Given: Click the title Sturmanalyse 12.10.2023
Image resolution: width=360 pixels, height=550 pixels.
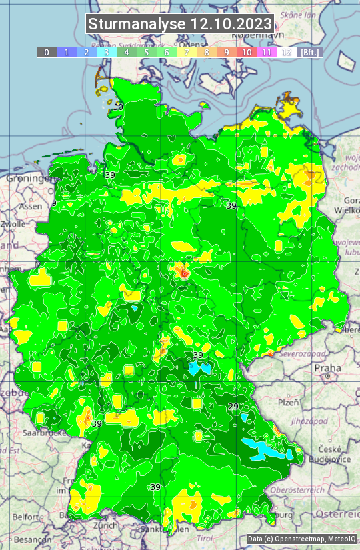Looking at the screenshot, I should [180, 24].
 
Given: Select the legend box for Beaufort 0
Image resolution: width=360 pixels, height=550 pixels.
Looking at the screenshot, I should [46, 52].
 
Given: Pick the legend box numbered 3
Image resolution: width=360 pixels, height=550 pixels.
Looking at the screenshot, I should [107, 52].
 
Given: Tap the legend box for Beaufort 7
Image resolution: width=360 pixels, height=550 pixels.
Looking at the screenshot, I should [187, 52].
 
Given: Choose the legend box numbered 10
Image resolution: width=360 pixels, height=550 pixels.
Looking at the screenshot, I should [247, 52].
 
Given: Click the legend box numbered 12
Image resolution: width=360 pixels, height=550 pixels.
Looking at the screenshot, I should [287, 52].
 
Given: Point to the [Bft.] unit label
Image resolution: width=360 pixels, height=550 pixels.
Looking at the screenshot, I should [310, 52].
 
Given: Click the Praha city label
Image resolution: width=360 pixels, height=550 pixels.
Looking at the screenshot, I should [328, 367].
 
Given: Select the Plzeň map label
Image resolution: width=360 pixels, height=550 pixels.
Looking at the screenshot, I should [287, 403].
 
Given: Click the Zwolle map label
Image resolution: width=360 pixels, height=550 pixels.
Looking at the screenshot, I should [13, 225].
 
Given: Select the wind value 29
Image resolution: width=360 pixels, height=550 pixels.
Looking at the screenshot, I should [233, 407].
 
